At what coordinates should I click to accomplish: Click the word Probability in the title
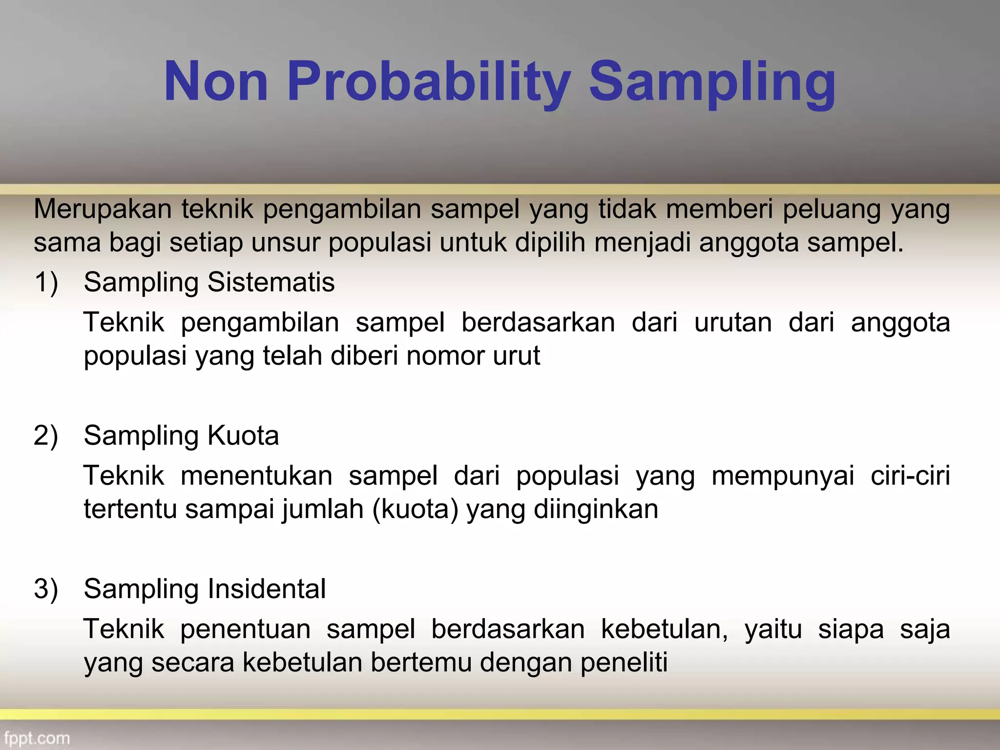point(429,82)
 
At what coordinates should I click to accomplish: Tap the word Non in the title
point(216,82)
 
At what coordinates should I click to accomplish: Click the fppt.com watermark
point(37,738)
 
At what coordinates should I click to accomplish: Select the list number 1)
point(46,282)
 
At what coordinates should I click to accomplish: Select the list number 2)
point(46,436)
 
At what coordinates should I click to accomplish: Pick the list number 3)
point(46,589)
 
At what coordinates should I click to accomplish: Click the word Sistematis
point(271,282)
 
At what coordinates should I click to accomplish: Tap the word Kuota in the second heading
point(243,436)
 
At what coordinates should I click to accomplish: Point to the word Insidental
point(267,589)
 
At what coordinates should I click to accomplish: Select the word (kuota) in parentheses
point(415,509)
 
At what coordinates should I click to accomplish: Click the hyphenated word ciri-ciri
point(910,476)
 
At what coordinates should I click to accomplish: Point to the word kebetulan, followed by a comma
point(664,629)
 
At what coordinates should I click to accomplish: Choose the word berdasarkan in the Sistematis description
point(538,323)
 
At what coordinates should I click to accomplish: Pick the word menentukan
point(256,476)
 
